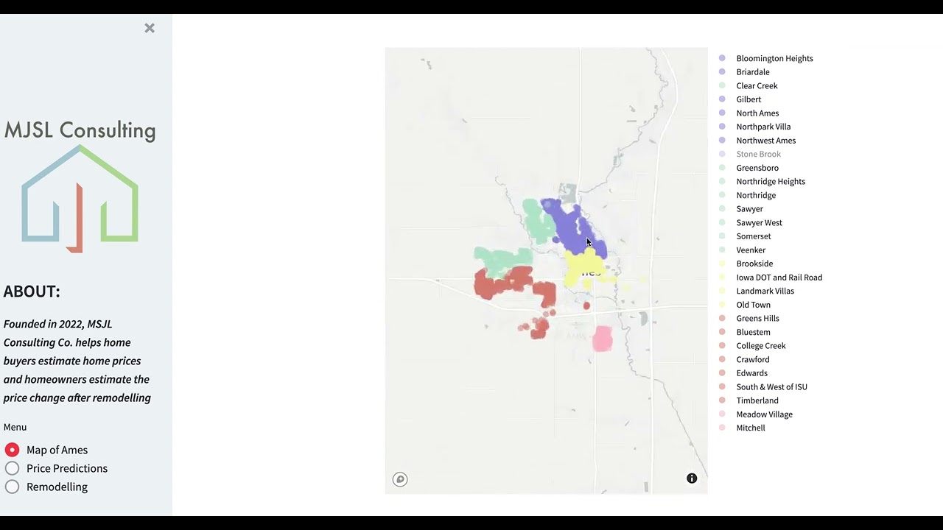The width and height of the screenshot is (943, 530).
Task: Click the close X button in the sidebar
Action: tap(150, 28)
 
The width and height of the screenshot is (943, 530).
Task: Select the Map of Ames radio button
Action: tap(12, 450)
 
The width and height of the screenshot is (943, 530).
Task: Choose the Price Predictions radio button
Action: tap(12, 468)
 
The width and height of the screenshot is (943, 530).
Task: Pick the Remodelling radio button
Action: tap(12, 487)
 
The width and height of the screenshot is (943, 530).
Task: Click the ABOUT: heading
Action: tap(32, 291)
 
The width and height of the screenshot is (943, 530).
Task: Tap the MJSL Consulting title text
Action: tap(80, 130)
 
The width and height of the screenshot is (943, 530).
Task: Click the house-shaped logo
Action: tap(80, 197)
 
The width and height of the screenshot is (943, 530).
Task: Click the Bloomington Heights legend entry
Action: tap(774, 58)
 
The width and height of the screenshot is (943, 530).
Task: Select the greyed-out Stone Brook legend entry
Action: tap(758, 154)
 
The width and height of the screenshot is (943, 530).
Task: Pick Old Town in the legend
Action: tap(753, 305)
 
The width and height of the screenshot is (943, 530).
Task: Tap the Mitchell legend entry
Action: tap(751, 428)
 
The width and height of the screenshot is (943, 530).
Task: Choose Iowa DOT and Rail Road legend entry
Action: tap(779, 278)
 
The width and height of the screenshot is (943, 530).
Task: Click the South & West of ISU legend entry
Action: tap(771, 386)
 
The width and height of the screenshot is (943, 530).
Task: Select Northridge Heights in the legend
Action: tap(771, 181)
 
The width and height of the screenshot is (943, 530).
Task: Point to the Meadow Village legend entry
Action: tap(764, 414)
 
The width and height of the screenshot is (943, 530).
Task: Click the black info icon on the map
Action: tap(692, 478)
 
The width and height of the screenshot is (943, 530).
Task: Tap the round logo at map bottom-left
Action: tap(400, 479)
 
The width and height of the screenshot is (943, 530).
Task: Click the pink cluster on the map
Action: tap(602, 339)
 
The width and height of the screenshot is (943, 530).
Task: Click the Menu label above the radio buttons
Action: tap(15, 427)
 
